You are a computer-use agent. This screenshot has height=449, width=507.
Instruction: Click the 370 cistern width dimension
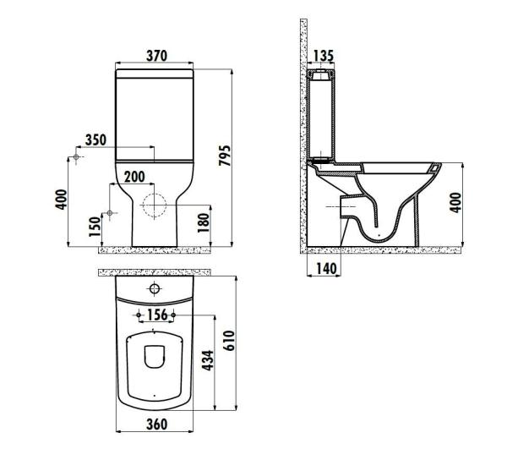[x=155, y=56]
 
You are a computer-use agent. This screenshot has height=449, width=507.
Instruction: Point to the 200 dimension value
[x=134, y=177]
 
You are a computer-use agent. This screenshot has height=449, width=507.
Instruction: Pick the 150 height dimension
[x=95, y=225]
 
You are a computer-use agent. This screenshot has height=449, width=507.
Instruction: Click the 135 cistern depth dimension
[x=322, y=56]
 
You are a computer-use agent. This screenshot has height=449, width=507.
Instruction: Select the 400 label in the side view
[x=456, y=203]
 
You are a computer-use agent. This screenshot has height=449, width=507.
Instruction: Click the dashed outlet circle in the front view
[x=155, y=205]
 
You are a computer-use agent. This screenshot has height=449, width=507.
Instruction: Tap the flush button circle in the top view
[x=155, y=289]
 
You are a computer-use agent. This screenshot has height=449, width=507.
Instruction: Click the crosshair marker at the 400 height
[x=77, y=158]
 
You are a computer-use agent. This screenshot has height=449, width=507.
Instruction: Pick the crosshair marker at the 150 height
[x=108, y=212]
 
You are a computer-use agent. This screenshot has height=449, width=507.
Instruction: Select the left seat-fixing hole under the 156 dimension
[x=137, y=315]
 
